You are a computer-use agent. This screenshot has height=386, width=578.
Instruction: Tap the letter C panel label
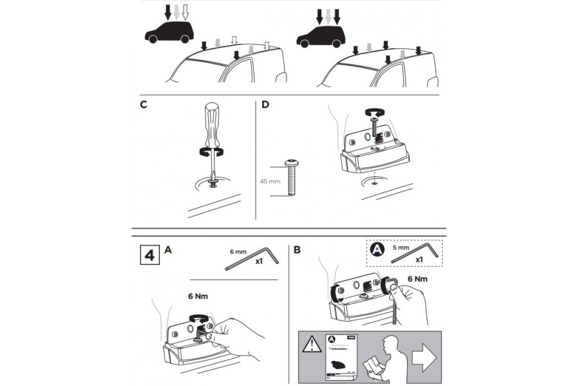pyautogui.click(x=143, y=106)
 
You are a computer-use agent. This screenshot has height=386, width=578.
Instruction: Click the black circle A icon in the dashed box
pyautogui.click(x=377, y=250)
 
